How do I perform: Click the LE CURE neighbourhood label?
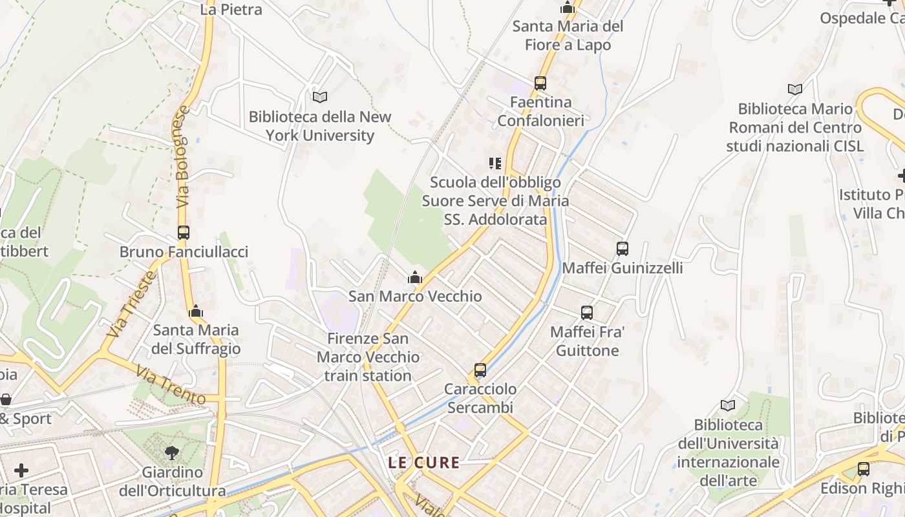(x=424, y=463)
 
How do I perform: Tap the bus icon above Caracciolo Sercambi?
(x=480, y=370)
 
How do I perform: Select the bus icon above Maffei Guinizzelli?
(x=622, y=248)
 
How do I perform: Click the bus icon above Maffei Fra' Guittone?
(x=587, y=313)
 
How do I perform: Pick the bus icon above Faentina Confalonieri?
(x=540, y=83)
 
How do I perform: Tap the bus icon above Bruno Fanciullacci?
(x=184, y=233)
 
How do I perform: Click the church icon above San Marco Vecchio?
(x=415, y=278)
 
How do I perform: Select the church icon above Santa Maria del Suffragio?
(x=196, y=311)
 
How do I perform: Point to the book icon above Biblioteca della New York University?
(x=320, y=97)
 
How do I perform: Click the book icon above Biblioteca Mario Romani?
(x=794, y=89)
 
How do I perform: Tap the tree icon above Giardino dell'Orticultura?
(x=172, y=452)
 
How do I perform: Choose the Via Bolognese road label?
(x=183, y=157)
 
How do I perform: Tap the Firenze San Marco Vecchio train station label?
(x=368, y=357)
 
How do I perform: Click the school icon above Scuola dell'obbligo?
(x=495, y=164)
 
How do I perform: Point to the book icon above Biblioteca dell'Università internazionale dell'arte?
(x=728, y=405)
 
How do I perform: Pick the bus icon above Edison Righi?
(x=863, y=469)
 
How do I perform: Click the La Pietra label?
(x=231, y=9)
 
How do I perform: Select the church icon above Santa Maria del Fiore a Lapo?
(x=568, y=8)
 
